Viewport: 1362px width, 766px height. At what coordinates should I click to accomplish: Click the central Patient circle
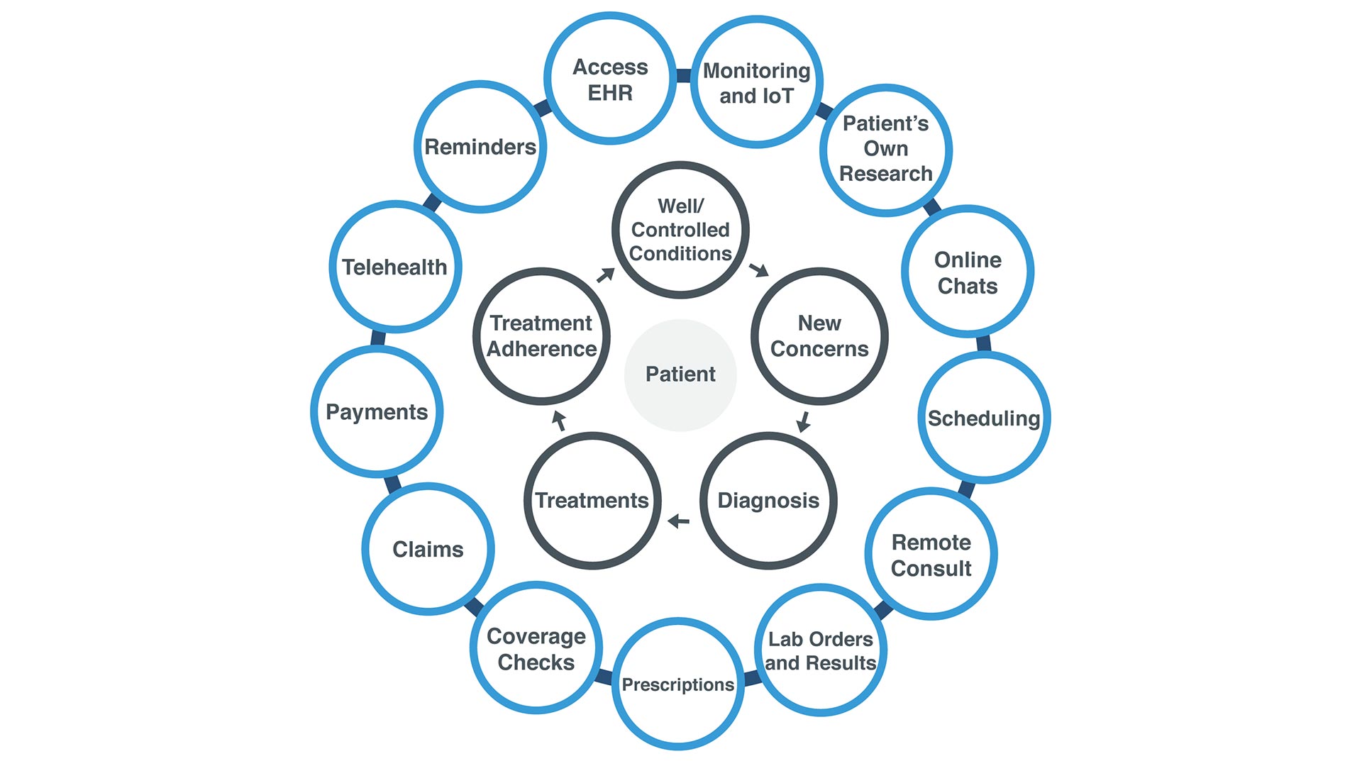680,374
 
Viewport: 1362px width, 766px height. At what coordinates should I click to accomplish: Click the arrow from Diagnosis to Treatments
679,521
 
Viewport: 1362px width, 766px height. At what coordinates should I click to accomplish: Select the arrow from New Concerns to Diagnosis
804,421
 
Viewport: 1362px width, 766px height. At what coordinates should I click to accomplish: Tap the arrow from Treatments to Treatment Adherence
559,421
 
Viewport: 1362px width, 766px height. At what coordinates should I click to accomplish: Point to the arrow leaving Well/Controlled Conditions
759,270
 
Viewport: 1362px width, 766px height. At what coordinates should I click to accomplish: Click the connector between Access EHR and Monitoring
684,76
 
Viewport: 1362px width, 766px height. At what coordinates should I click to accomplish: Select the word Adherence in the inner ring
542,349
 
